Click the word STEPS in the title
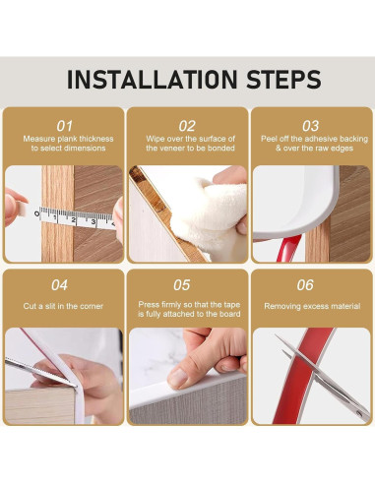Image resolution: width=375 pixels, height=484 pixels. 283,80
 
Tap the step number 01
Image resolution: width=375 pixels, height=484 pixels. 64,126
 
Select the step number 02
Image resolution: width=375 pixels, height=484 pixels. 187,126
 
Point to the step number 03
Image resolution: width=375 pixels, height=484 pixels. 310,126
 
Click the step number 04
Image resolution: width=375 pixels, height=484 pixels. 59,285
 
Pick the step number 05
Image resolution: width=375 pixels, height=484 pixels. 182,285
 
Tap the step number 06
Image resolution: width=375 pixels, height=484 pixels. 305,285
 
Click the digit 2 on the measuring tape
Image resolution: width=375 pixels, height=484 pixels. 74,219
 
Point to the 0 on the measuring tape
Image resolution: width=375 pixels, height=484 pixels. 36,214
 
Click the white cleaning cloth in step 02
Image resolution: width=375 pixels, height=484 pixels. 210,214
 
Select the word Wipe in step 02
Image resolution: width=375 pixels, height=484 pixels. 155,139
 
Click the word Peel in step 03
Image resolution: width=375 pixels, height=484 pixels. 269,139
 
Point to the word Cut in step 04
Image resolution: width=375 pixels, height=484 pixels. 29,306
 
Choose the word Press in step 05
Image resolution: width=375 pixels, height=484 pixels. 148,305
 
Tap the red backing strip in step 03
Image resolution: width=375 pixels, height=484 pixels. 288,249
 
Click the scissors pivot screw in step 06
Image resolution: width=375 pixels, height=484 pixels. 359,414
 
